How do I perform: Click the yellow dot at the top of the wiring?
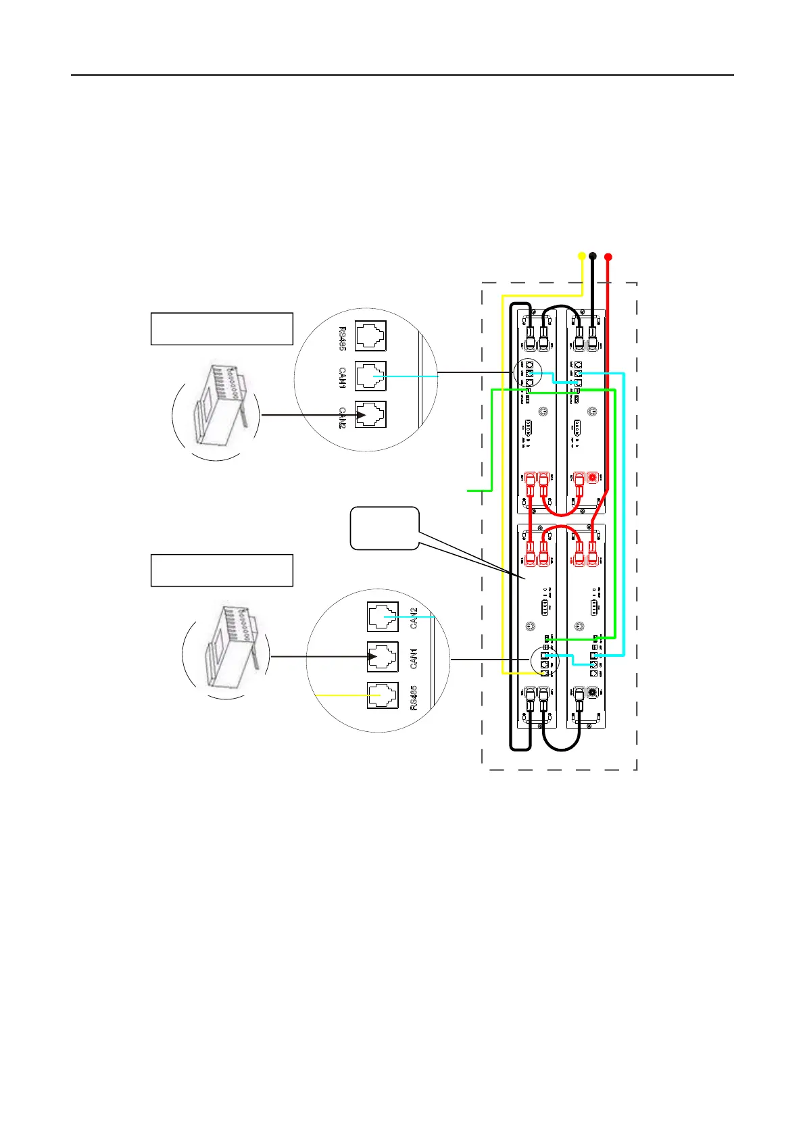coord(582,256)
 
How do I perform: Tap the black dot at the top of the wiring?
coord(593,256)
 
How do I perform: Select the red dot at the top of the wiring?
coord(608,256)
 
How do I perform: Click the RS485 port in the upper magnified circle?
coord(370,336)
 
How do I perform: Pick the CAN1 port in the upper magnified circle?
coord(370,376)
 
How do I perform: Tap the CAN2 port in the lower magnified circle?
coord(383,617)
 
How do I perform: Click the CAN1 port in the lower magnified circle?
coord(383,655)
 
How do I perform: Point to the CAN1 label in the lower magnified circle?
coord(414,658)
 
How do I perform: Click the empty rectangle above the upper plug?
coord(222,329)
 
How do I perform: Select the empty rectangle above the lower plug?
coord(222,570)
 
